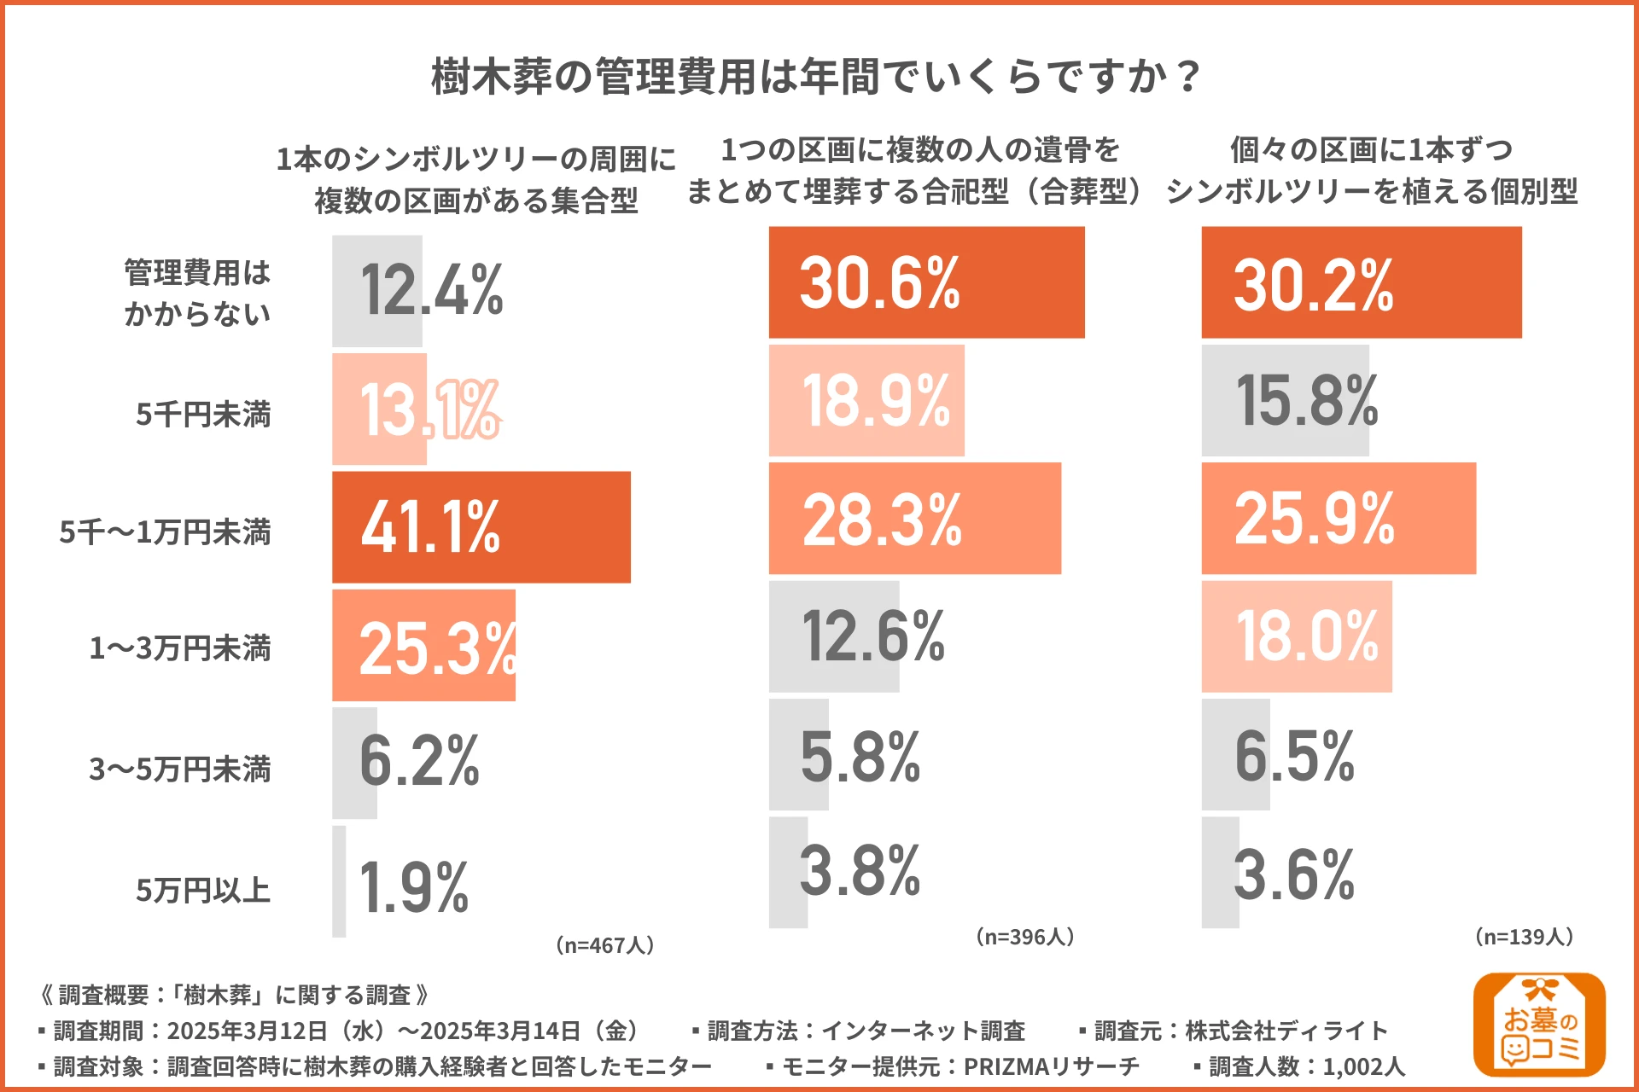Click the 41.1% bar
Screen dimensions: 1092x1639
pyautogui.click(x=481, y=527)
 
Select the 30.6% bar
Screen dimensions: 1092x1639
pyautogui.click(x=926, y=282)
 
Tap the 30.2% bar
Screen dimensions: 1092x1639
pyautogui.click(x=1361, y=282)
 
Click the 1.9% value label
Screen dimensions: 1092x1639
pyautogui.click(x=414, y=888)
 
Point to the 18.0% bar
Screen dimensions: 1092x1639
pyautogui.click(x=1296, y=636)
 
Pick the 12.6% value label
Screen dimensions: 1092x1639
pyautogui.click(x=873, y=636)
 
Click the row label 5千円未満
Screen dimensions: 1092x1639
pyautogui.click(x=203, y=415)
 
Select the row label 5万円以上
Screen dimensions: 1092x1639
pyautogui.click(x=203, y=891)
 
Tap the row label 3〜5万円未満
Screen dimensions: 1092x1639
pyautogui.click(x=180, y=770)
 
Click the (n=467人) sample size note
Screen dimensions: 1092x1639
pyautogui.click(x=604, y=945)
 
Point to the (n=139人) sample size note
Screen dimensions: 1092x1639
pyautogui.click(x=1524, y=937)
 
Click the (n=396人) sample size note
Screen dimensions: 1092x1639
pyautogui.click(x=1024, y=937)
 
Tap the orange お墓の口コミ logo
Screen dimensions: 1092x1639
pyautogui.click(x=1539, y=1025)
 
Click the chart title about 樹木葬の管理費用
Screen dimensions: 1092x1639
pyautogui.click(x=817, y=77)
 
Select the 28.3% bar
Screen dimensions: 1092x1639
pyautogui.click(x=914, y=519)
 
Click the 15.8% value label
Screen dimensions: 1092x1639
pyautogui.click(x=1306, y=401)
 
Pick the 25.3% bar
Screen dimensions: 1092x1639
pyautogui.click(x=424, y=646)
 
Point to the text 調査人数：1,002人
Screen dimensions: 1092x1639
pyautogui.click(x=1306, y=1066)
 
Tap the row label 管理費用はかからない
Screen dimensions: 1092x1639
pyautogui.click(x=197, y=293)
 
